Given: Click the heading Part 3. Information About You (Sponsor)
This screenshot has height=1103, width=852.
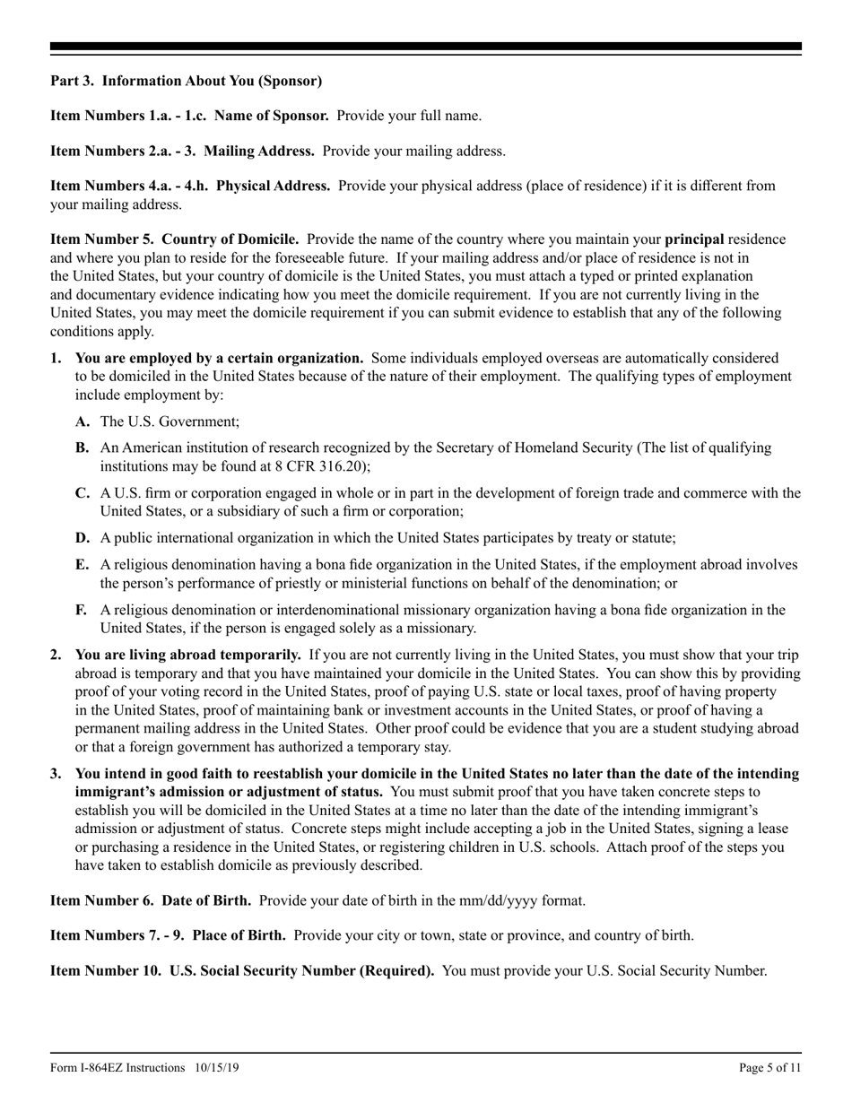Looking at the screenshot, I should click(x=186, y=81).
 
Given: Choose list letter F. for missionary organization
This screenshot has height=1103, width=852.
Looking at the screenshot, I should click(x=82, y=610).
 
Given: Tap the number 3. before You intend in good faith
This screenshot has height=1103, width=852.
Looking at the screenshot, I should click(x=57, y=773).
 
